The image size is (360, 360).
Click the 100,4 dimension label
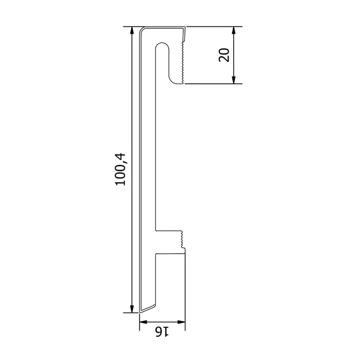pos(121,169)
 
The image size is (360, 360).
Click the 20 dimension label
pos(224,55)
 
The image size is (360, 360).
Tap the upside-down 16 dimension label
pos(162,332)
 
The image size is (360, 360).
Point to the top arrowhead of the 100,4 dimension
pos(132,30)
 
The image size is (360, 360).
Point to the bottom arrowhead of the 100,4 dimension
pos(132,308)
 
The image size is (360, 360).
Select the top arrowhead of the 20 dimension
pos(234,30)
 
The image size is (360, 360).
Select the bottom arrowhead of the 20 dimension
pos(234,80)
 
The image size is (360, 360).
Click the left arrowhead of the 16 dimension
pos(143,322)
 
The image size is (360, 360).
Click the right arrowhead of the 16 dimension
pos(181,322)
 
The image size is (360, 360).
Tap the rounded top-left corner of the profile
pos(142,29)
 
